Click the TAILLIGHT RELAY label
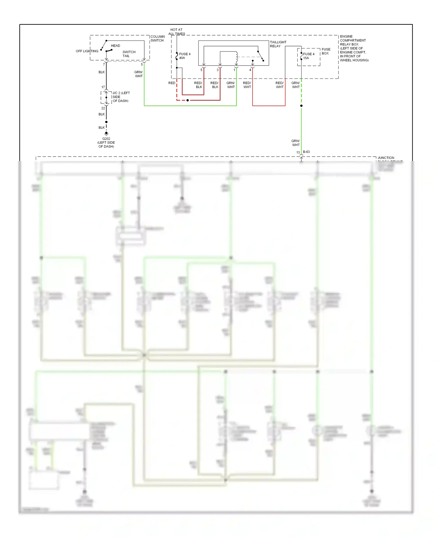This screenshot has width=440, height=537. coord(278,44)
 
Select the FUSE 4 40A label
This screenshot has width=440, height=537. coord(185,56)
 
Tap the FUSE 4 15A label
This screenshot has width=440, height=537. coord(308,56)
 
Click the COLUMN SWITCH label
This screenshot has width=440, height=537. coord(157,38)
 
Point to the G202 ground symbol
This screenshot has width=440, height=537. coord(106,133)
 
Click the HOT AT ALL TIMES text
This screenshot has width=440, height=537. coord(176,32)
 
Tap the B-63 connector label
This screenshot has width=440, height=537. coord(306,152)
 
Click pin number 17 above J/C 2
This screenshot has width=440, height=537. coord(103,87)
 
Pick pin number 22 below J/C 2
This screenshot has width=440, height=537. coord(103,108)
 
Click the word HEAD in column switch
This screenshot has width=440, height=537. coord(115,46)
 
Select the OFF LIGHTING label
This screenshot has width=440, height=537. coord(87,51)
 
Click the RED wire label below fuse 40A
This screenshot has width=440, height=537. coord(172,83)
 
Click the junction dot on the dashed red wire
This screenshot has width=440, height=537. coord(188,100)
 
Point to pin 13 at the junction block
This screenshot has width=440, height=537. coord(298,152)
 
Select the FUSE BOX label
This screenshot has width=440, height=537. coord(326,51)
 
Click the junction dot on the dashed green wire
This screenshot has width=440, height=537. coord(301,106)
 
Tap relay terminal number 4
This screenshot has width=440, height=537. coord(250,70)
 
